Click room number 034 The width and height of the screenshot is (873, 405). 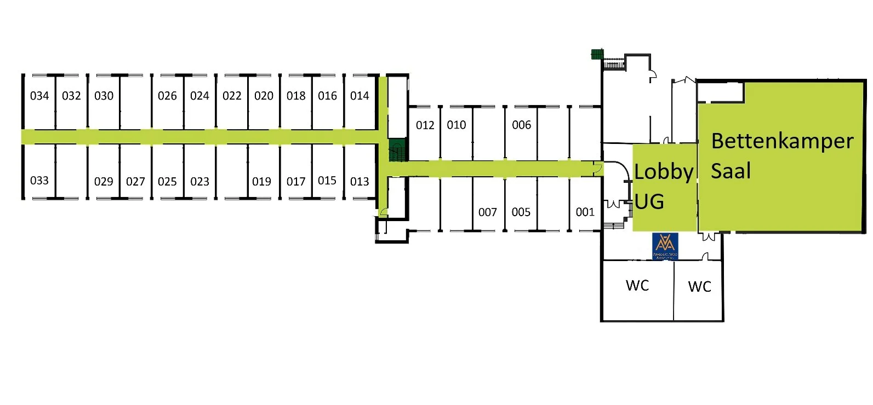39,96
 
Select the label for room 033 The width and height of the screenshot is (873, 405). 39,181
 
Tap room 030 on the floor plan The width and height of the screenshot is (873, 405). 104,96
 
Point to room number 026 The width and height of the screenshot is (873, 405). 167,96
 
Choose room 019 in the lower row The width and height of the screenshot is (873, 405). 261,181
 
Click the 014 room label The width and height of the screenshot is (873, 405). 360,96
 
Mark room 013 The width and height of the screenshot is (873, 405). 360,181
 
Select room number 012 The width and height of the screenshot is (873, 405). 425,125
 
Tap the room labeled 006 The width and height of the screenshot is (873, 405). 521,125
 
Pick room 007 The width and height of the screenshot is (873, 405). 487,212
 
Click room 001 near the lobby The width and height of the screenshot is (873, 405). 585,212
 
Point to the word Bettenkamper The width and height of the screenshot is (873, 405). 782,141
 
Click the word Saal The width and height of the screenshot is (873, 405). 731,171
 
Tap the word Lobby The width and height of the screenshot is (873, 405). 664,172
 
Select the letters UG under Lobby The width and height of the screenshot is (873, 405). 649,201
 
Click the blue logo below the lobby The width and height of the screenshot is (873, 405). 665,246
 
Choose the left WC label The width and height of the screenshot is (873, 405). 637,285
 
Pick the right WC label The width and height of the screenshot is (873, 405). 699,286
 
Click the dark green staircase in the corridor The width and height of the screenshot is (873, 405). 396,150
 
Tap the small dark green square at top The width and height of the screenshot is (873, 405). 597,54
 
